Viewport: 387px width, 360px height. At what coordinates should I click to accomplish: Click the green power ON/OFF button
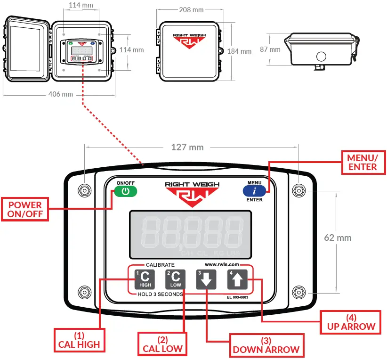125,191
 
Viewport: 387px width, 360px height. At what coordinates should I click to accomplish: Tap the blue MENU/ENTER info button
254,191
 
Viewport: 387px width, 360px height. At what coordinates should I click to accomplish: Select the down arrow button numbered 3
206,280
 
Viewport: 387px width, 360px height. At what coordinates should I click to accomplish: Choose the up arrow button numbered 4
237,280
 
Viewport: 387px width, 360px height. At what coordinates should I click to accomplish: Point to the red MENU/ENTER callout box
362,162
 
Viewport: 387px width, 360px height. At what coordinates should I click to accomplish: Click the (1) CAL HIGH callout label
79,340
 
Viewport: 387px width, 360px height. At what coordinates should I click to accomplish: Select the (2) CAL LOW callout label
162,344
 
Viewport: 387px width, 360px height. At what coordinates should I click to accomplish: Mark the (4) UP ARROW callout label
351,322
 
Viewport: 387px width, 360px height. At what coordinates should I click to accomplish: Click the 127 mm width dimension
187,147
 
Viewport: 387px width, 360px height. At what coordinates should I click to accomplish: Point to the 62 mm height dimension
338,237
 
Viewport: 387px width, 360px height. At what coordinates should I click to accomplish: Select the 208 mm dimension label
191,9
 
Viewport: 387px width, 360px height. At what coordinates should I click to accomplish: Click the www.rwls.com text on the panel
222,265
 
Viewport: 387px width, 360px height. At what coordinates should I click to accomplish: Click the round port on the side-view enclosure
321,57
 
